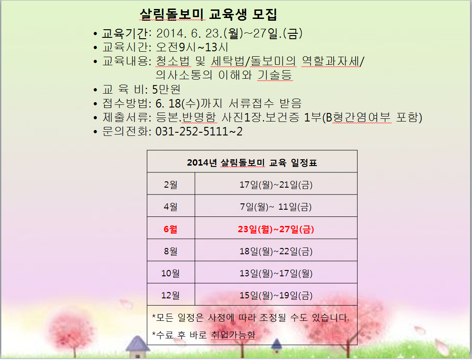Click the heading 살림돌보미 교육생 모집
coord(209,14)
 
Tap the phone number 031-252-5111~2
coord(199,131)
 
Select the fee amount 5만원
coord(167,89)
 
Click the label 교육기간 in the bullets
coord(125,33)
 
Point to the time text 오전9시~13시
coord(192,47)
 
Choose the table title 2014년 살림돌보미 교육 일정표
coord(252,163)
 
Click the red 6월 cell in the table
coord(170,229)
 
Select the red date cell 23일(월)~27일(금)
coord(276,229)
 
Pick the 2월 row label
coord(170,184)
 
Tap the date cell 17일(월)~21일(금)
coord(276,184)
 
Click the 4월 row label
coord(170,207)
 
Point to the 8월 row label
coord(170,251)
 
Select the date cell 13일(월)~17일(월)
coord(276,274)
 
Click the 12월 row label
coord(170,295)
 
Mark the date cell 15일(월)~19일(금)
coord(276,295)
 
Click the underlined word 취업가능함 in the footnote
coord(233,335)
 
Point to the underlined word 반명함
coord(199,117)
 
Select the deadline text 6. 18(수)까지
coord(189,103)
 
